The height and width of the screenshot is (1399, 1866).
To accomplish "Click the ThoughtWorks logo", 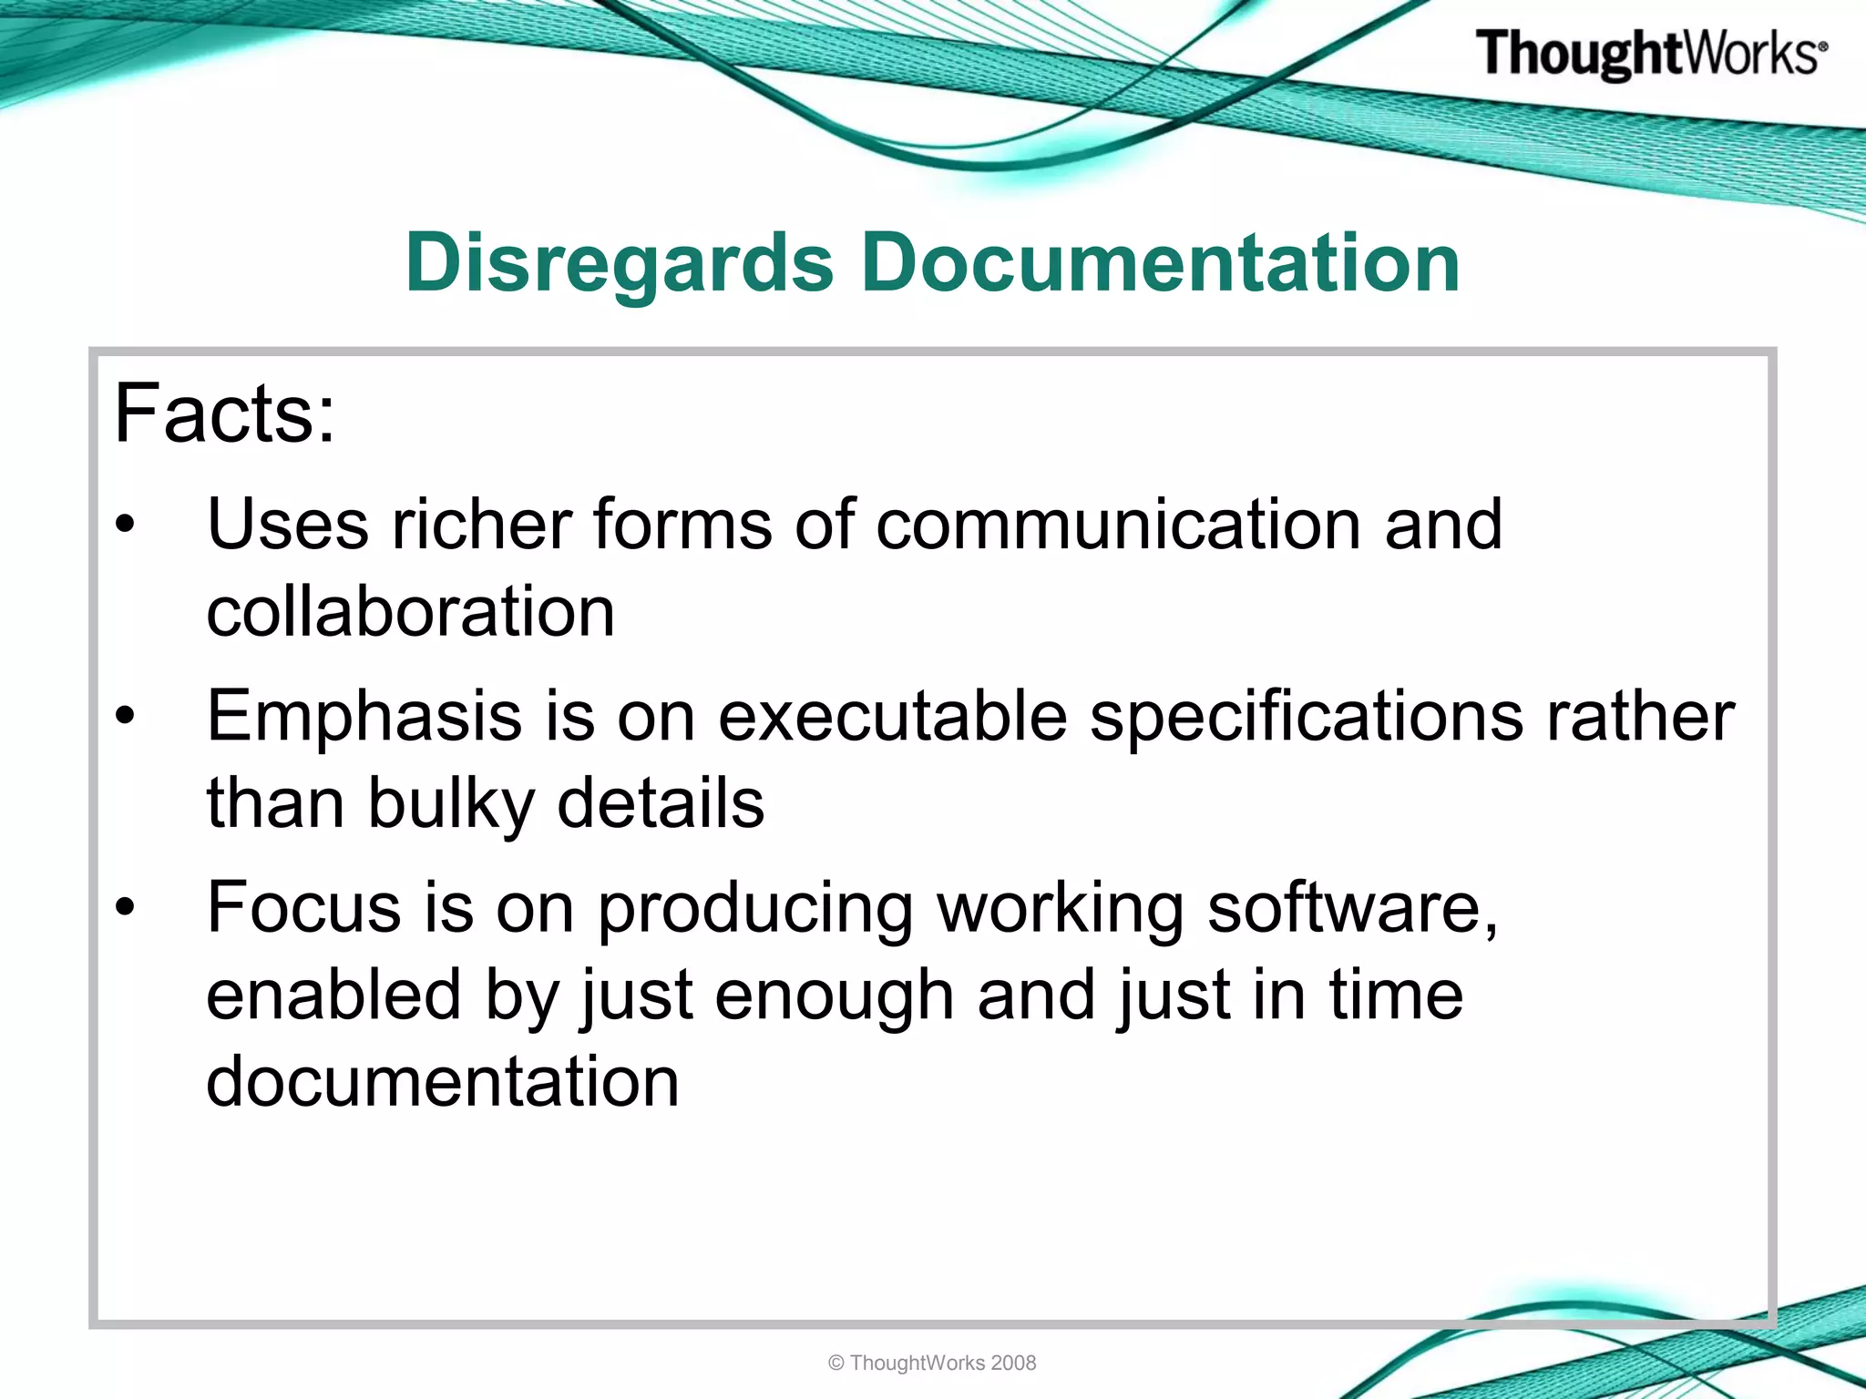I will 1650,54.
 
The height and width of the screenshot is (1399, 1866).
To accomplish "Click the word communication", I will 1118,525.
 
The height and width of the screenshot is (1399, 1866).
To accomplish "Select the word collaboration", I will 411,611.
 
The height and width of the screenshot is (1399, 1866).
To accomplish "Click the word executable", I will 892,718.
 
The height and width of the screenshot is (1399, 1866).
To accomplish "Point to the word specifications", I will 1306,718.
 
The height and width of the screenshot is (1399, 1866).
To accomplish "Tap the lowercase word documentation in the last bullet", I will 443,1082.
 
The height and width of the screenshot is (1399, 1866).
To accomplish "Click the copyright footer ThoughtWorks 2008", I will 932,1363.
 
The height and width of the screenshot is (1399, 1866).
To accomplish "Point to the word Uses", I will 288,525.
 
